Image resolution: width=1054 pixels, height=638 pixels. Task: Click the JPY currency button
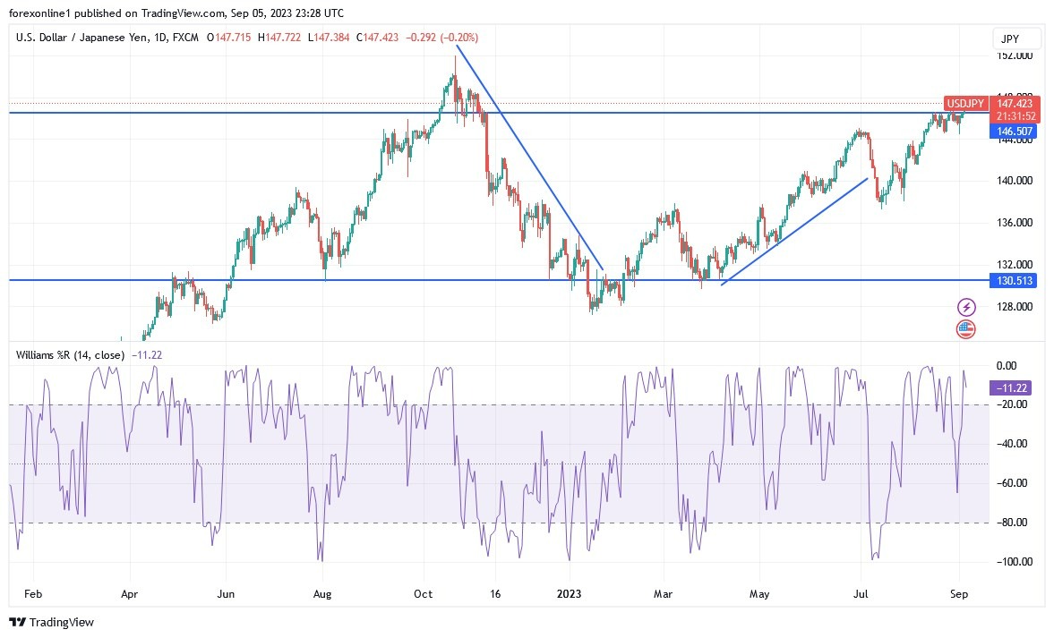(1017, 38)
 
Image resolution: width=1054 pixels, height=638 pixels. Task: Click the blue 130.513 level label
(1015, 280)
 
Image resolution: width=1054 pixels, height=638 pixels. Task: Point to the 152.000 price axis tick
(1015, 55)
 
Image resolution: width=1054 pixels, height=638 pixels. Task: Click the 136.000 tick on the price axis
(1015, 223)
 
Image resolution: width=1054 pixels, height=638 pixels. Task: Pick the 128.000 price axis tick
(1015, 307)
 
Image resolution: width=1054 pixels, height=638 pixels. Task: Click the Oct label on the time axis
(424, 593)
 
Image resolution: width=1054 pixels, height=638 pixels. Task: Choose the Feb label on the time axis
(32, 593)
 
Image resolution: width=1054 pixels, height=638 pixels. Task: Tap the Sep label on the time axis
(959, 593)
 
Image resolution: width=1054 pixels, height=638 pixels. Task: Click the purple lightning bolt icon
(965, 307)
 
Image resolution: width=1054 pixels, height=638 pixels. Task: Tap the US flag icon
(965, 328)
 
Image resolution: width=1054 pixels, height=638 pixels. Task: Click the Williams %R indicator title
(70, 354)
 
